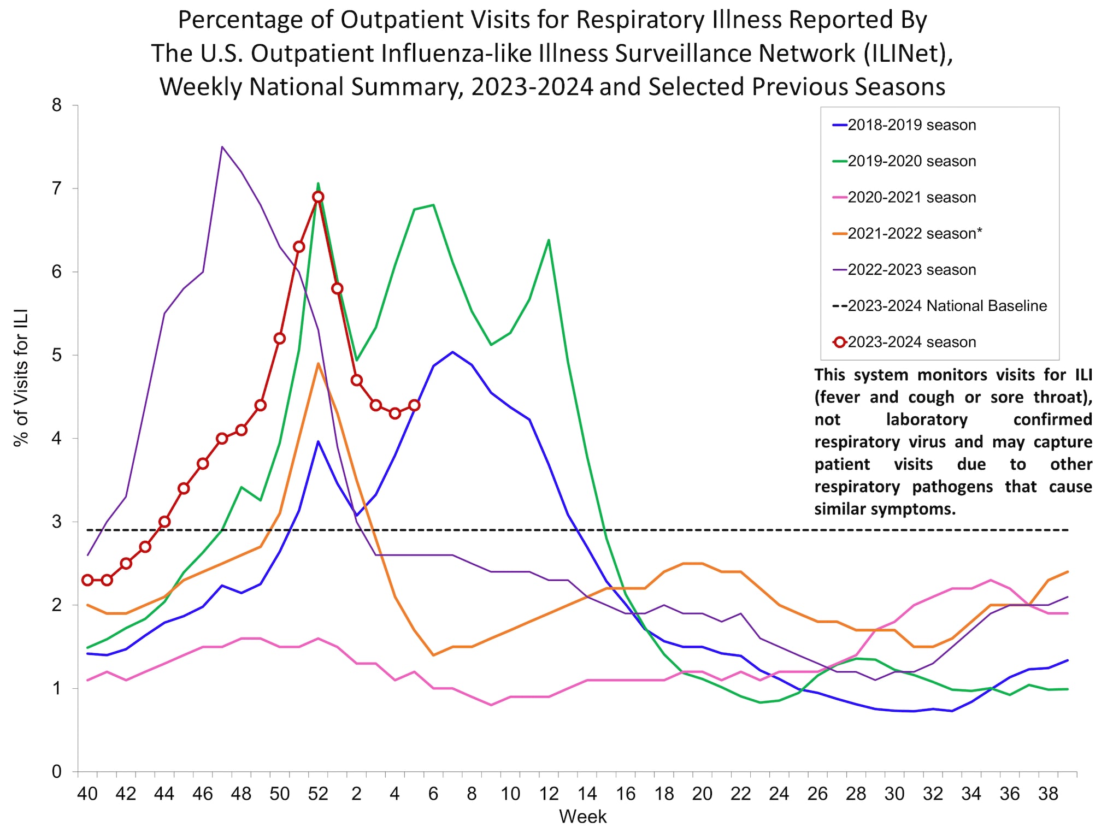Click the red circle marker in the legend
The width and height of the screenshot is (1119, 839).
[840, 342]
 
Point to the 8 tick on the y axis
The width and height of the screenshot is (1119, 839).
[57, 105]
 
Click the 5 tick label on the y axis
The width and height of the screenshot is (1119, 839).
[57, 356]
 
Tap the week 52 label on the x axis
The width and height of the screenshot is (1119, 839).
[318, 794]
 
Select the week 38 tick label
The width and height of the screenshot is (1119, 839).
[1048, 794]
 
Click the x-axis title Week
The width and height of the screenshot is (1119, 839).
[582, 817]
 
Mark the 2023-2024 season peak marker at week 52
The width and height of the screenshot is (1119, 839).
[318, 197]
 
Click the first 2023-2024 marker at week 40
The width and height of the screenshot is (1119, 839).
[87, 580]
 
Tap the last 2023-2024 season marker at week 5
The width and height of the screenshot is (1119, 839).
[414, 405]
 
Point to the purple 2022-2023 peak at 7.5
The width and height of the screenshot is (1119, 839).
[222, 147]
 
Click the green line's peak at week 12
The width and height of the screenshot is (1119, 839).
[549, 240]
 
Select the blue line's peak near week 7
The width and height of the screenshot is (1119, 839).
[452, 352]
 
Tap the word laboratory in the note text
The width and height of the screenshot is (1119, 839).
[927, 419]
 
